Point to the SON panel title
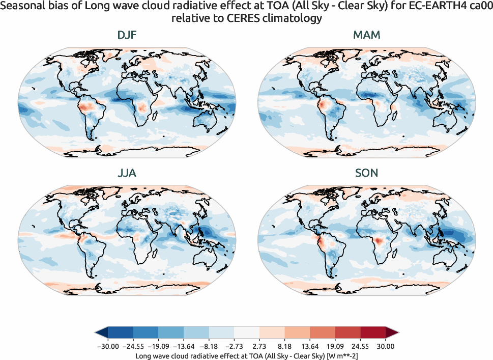[366, 173]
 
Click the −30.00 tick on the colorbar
[107, 346]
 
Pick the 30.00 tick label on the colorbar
[386, 346]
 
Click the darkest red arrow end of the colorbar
[392, 333]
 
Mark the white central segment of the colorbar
[246, 333]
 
